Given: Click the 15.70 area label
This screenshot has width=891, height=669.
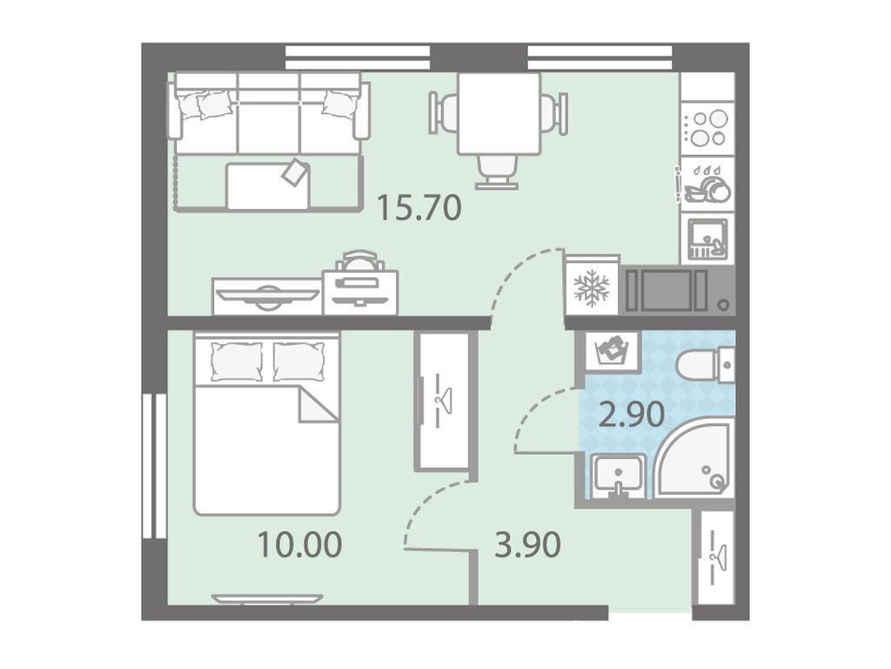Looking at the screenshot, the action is click(419, 207).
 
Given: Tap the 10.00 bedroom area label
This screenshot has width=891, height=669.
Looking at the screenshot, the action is click(299, 544).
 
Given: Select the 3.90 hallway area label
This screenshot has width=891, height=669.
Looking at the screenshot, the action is click(528, 544).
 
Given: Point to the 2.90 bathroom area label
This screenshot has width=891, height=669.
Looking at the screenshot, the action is click(632, 414).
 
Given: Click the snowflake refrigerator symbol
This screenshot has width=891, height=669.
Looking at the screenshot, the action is click(592, 286).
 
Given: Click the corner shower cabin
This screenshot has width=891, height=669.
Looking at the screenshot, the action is click(694, 462).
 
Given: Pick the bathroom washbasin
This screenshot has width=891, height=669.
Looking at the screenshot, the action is click(618, 476).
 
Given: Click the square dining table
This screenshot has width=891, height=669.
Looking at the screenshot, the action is click(499, 113).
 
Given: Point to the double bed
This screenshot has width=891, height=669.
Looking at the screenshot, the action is click(266, 424).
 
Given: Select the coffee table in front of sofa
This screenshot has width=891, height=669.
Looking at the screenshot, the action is click(268, 186).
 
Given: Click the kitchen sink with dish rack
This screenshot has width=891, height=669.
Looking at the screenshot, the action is click(707, 240).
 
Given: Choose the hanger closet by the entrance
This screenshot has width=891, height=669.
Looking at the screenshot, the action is click(716, 557).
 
